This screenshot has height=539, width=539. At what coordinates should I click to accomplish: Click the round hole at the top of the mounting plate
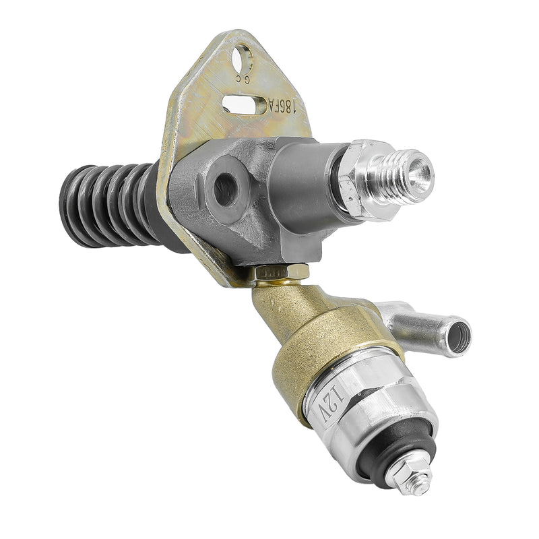[243, 57]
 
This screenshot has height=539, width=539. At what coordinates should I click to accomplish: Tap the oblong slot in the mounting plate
[245, 104]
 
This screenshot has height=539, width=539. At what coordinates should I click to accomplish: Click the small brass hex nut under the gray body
[283, 272]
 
